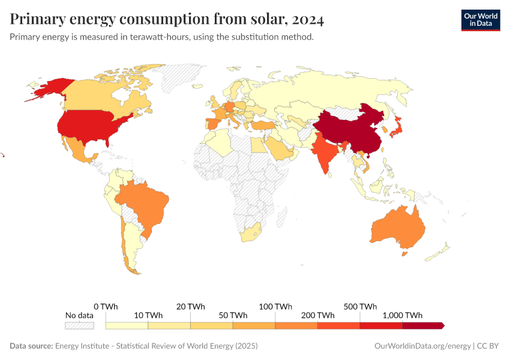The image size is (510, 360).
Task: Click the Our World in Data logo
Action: (x=480, y=20)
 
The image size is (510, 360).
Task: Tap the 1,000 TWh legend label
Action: (x=402, y=315)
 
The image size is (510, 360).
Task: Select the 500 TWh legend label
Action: (x=360, y=306)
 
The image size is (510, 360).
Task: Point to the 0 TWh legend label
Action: (x=106, y=306)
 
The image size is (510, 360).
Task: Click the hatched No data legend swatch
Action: (x=79, y=325)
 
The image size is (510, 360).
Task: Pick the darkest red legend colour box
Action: (x=422, y=325)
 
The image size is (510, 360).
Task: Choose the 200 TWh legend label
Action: (x=317, y=315)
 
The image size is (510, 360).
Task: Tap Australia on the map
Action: (x=399, y=228)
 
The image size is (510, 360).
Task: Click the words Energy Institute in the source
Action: (x=80, y=346)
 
